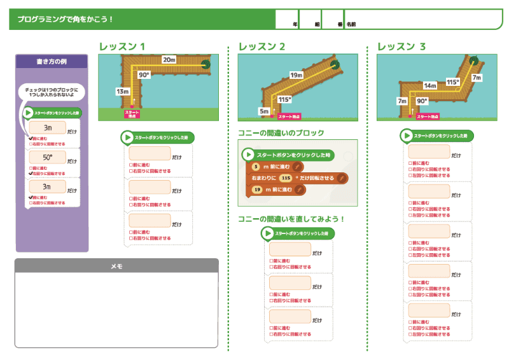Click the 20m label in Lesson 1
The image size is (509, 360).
click(x=169, y=59)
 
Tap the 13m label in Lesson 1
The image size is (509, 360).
click(x=122, y=92)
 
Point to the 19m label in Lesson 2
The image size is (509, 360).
click(x=296, y=75)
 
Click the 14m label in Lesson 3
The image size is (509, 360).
click(x=430, y=85)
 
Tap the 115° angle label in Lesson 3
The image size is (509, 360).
click(x=452, y=82)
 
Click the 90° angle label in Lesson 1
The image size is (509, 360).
click(x=144, y=75)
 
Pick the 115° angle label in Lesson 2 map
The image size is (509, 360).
click(x=284, y=99)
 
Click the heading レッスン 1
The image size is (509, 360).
click(x=122, y=46)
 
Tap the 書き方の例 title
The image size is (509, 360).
click(x=52, y=62)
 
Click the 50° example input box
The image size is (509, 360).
click(x=47, y=157)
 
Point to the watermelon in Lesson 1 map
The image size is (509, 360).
click(x=206, y=64)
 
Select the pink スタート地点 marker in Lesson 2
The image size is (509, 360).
click(x=289, y=116)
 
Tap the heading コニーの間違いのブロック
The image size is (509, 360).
click(x=281, y=133)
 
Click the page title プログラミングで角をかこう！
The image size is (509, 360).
click(x=66, y=19)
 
